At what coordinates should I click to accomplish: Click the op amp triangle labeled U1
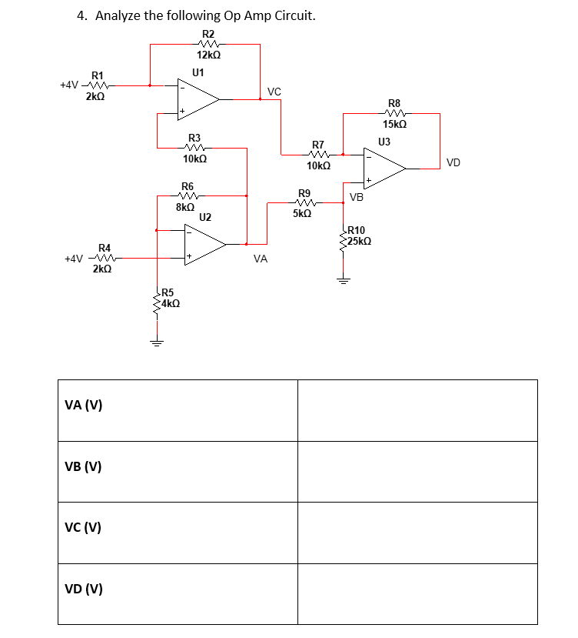click(198, 99)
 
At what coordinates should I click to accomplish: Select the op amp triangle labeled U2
click(203, 244)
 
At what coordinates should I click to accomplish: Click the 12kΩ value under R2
click(208, 55)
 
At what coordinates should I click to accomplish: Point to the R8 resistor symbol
click(394, 114)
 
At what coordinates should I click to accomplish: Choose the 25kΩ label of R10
click(360, 241)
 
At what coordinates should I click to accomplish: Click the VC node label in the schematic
click(274, 92)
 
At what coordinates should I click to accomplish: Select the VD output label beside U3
click(453, 162)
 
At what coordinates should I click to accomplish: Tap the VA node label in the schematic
click(260, 260)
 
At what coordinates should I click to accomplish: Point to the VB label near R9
click(356, 198)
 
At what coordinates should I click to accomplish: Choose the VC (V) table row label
click(84, 528)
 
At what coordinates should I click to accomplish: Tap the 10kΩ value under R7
click(318, 165)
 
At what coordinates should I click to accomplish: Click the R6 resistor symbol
click(188, 197)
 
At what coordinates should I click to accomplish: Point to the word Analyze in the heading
click(120, 16)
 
